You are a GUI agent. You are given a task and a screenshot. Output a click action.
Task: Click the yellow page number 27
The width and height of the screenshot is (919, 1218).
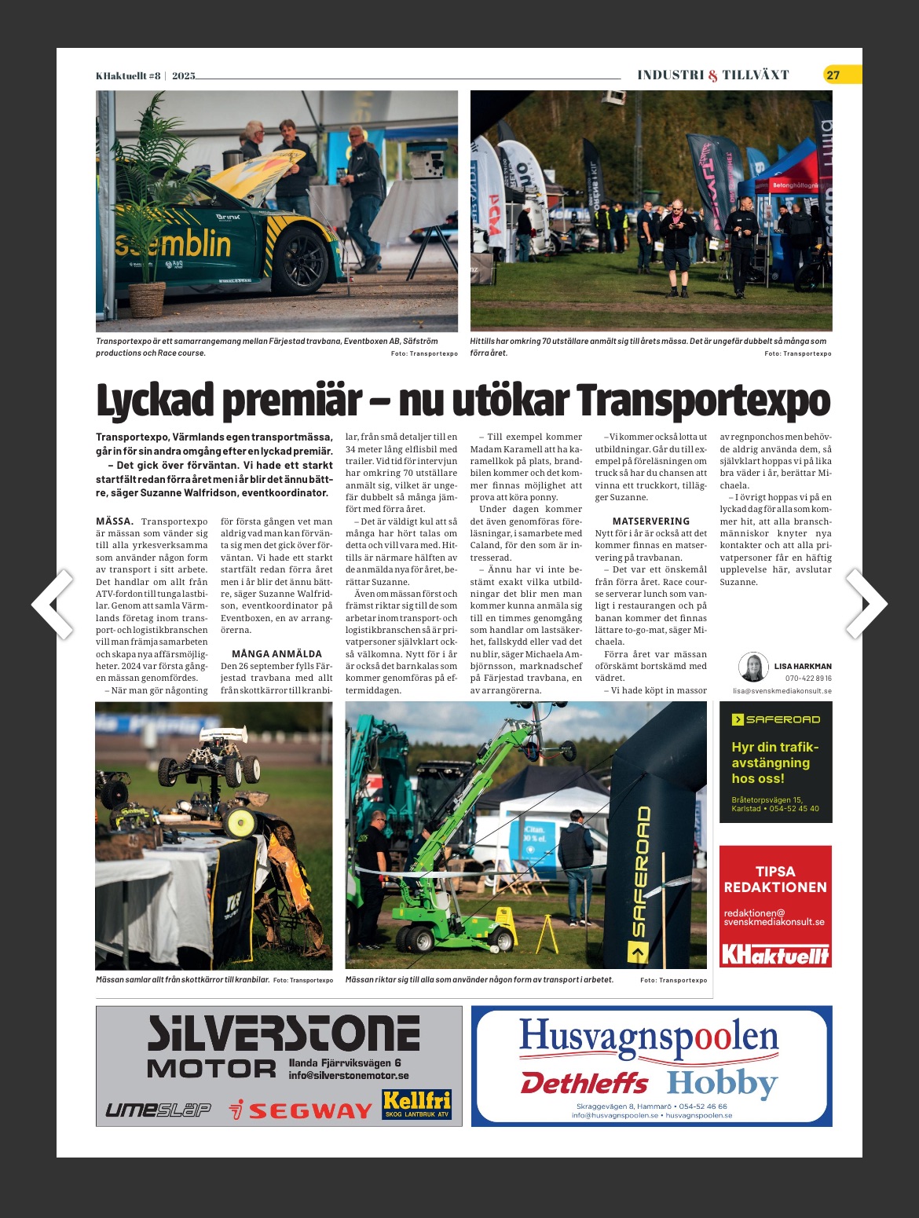[x=833, y=75]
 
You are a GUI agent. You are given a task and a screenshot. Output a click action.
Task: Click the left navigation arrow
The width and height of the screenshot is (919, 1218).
[x=53, y=603]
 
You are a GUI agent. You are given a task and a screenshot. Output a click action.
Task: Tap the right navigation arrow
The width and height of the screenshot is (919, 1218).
[x=866, y=603]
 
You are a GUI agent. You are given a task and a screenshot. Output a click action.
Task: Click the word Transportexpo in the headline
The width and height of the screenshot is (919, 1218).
[x=703, y=401]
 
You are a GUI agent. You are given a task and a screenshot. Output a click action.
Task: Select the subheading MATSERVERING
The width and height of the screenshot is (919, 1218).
[x=651, y=521]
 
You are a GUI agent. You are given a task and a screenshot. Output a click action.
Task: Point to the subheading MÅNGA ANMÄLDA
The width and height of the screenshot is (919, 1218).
[x=276, y=653]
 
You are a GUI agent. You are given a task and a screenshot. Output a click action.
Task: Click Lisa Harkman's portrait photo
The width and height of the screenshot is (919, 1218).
[x=753, y=668]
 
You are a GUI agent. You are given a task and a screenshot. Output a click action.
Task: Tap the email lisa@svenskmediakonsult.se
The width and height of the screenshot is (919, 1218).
[x=782, y=691]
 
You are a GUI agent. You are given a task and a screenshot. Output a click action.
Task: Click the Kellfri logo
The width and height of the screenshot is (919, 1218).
[x=416, y=1103]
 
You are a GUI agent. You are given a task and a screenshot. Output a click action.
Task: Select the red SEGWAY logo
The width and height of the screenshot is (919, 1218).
[x=301, y=1110]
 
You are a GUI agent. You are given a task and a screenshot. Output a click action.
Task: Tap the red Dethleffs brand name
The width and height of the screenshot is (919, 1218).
[x=584, y=1084]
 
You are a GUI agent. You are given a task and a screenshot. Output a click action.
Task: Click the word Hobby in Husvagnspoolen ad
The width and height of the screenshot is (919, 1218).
[x=722, y=1084]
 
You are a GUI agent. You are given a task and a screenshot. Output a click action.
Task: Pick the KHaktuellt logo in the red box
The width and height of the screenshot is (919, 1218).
[x=775, y=954]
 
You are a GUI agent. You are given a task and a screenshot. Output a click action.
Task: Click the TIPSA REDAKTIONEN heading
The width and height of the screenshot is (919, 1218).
[x=775, y=880]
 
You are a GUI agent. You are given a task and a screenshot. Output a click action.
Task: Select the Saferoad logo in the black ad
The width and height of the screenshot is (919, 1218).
[x=775, y=719]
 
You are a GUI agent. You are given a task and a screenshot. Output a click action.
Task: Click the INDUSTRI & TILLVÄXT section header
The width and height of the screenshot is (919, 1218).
[x=712, y=75]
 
